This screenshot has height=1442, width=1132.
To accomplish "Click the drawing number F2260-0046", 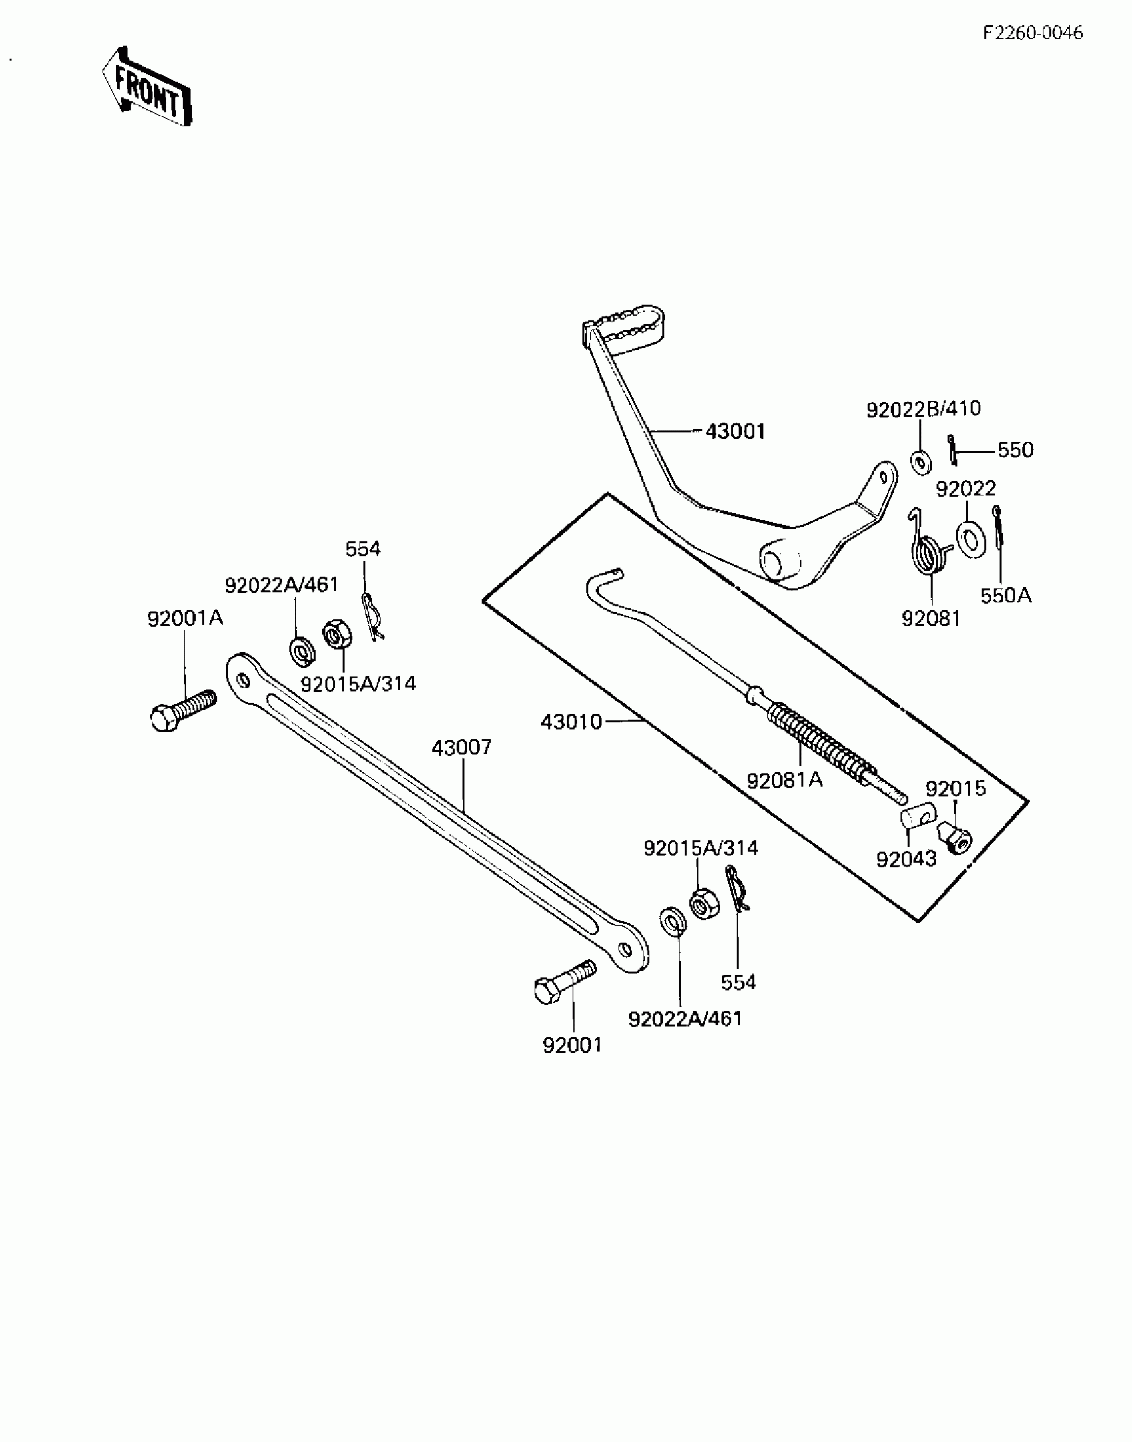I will tap(1033, 33).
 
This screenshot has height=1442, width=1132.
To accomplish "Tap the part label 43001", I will tap(735, 431).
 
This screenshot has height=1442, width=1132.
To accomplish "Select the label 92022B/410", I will tap(923, 409).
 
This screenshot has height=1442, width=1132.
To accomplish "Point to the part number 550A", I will tap(1005, 595).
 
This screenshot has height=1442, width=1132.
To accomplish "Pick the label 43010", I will tap(571, 721).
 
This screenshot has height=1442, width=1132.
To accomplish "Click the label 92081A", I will tap(784, 780).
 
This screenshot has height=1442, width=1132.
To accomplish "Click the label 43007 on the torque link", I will tap(461, 747).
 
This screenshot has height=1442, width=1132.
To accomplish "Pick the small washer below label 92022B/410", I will tap(921, 461).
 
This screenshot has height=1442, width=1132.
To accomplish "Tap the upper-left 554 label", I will tap(363, 549).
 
